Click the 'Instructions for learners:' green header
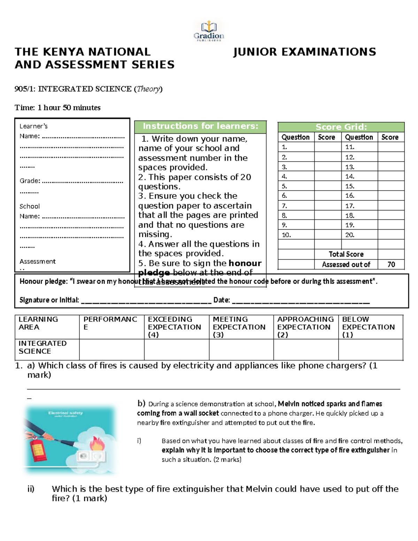[200, 126]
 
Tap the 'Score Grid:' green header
[341, 127]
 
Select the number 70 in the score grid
[391, 264]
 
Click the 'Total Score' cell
[346, 254]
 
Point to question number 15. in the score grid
[350, 186]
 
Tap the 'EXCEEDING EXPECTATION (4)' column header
[175, 327]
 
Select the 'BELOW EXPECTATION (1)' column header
[368, 327]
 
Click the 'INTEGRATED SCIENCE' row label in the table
[42, 347]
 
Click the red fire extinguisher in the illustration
[38, 450]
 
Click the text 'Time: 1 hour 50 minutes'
[57, 108]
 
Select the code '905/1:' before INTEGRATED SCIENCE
[25, 89]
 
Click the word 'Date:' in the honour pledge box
[222, 300]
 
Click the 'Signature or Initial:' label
[49, 300]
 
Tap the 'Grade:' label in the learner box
[30, 181]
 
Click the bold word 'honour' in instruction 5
[245, 263]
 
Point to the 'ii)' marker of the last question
[31, 489]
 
